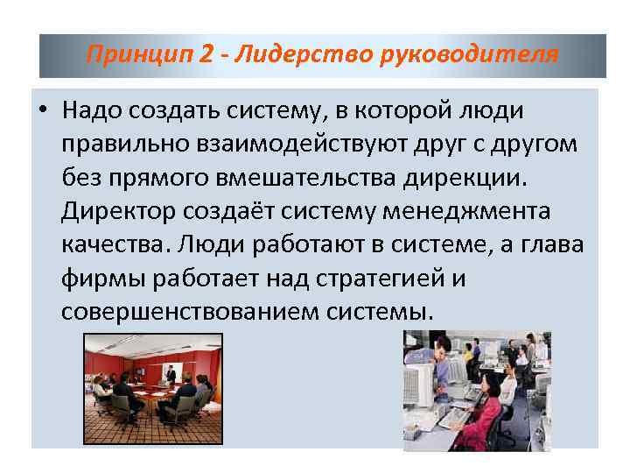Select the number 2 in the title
tap(205, 55)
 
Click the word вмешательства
tap(346, 178)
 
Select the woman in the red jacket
tap(486, 412)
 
